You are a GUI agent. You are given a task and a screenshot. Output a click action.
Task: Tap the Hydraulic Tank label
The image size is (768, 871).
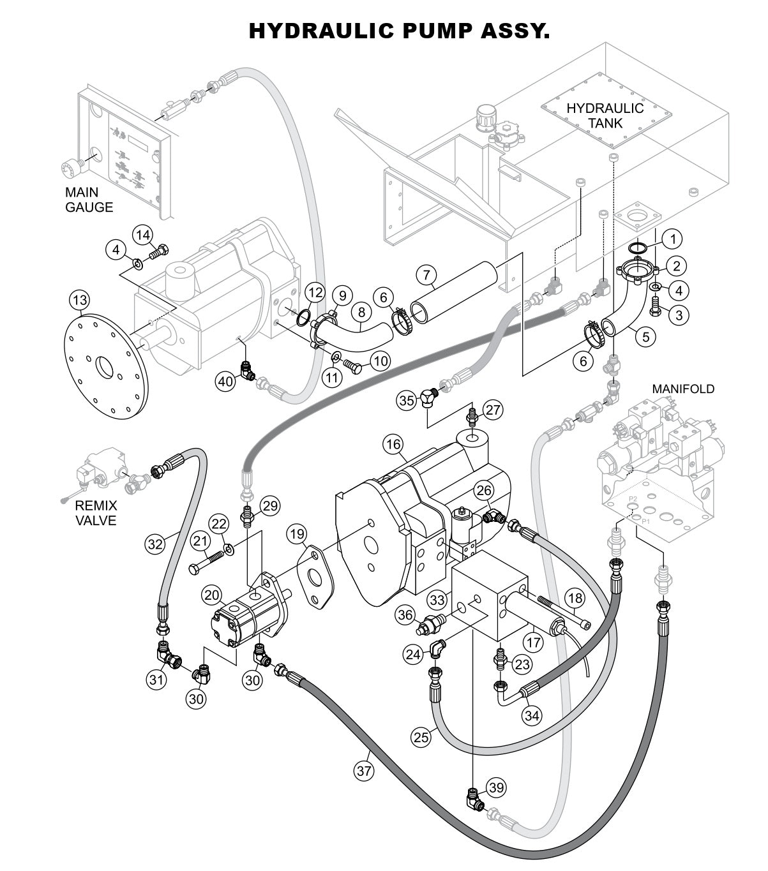[605, 115]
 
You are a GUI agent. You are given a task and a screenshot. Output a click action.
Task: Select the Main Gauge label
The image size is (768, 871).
[89, 199]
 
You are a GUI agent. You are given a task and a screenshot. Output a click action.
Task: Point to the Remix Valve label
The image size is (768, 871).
[96, 512]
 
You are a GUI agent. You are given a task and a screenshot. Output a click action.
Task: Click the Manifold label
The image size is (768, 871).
[683, 389]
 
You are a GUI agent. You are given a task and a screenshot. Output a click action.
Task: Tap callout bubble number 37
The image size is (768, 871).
[364, 770]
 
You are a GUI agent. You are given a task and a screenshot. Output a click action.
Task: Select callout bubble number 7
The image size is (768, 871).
[427, 275]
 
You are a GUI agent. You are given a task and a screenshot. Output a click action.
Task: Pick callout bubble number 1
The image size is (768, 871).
[671, 239]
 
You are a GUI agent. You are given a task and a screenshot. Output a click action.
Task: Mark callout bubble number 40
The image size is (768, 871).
[225, 382]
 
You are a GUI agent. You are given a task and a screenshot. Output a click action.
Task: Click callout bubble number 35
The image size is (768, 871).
[407, 401]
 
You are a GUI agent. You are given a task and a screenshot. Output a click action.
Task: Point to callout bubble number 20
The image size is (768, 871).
[213, 595]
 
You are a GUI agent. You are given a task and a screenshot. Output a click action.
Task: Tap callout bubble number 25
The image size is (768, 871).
[421, 737]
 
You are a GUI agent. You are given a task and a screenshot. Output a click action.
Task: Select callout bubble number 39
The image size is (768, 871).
[496, 787]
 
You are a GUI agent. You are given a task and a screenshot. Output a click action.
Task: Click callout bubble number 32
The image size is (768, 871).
[155, 544]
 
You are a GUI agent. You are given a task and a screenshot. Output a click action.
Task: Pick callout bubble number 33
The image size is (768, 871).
[437, 600]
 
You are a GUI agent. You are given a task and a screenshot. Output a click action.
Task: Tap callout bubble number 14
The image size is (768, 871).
[143, 234]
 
